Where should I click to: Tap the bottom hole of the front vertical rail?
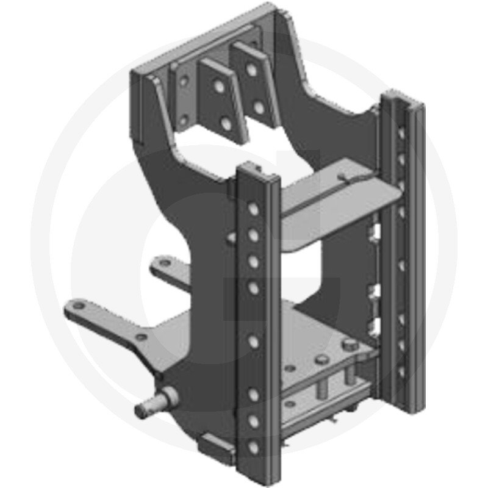(253, 448)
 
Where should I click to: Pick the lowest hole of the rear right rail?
(401, 371)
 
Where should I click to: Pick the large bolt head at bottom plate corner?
(348, 347)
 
